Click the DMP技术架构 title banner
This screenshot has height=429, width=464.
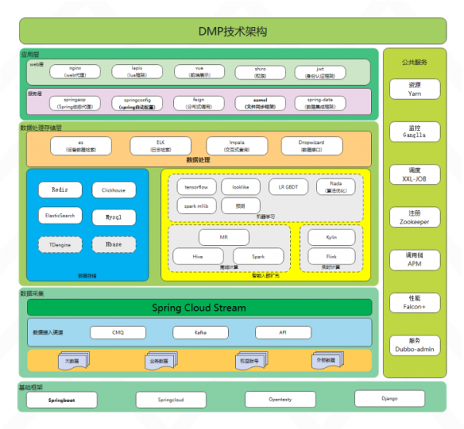tap(233, 31)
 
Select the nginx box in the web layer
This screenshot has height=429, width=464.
tap(74, 72)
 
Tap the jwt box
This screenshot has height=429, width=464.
tap(320, 72)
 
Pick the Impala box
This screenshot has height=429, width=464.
tap(237, 145)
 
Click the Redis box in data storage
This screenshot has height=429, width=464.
tap(60, 189)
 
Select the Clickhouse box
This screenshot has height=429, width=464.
tap(113, 189)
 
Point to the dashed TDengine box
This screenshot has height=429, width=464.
tap(60, 243)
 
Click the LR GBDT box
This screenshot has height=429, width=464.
tap(288, 187)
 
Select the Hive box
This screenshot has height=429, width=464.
tap(197, 256)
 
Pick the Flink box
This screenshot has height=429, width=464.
tap(332, 256)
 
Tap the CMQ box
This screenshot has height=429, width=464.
tap(118, 332)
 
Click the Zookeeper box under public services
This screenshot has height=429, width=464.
tap(415, 217)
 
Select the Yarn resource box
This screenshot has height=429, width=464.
tap(415, 89)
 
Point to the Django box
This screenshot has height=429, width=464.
tap(389, 398)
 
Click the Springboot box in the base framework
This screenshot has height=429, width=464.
tap(61, 400)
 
